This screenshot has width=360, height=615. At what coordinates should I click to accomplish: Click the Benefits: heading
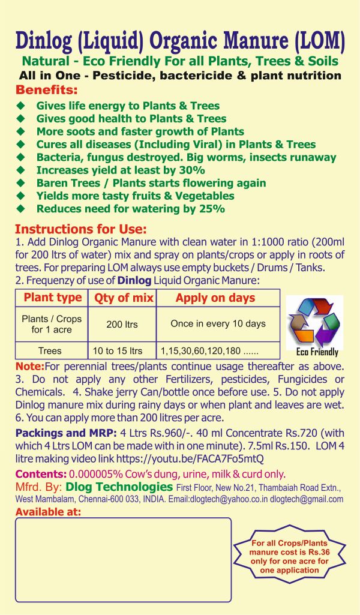click(x=46, y=91)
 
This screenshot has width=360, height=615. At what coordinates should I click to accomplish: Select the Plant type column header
click(x=52, y=298)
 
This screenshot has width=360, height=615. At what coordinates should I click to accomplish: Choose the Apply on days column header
click(x=215, y=298)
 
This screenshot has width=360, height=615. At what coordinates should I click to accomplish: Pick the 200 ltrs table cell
click(x=122, y=324)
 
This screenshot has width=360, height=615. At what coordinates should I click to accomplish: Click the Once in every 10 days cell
click(x=218, y=324)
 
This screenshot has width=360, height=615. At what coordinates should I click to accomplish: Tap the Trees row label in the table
click(x=50, y=350)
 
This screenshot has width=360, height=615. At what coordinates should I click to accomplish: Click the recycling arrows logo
click(x=314, y=322)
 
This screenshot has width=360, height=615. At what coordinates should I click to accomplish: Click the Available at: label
click(x=47, y=511)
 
